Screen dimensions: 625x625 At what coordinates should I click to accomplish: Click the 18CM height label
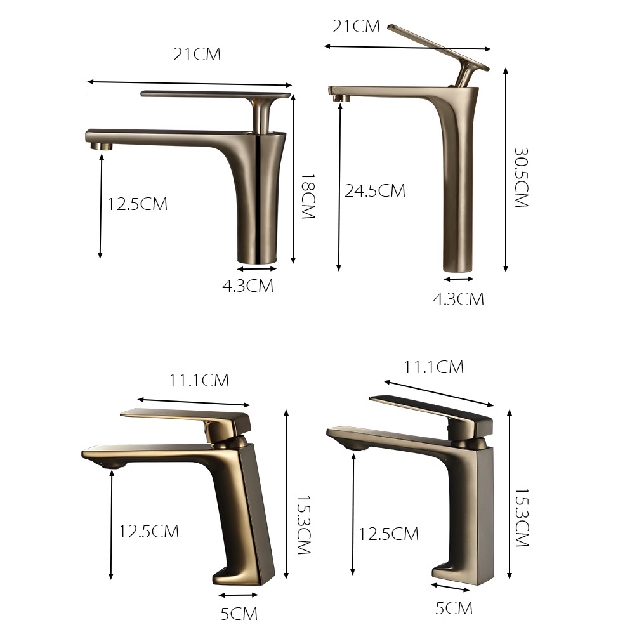click(308, 195)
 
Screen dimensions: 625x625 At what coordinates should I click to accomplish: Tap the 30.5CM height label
click(521, 178)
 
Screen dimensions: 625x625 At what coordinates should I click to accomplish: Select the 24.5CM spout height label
click(374, 190)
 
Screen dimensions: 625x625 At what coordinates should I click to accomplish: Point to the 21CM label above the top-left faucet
click(197, 55)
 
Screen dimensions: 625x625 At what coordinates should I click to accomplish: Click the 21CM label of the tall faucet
click(356, 27)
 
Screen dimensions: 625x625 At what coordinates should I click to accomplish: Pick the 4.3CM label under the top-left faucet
click(248, 286)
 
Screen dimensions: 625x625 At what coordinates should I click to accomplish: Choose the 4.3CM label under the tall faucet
click(458, 299)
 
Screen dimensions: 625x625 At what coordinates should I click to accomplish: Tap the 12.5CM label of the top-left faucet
click(137, 204)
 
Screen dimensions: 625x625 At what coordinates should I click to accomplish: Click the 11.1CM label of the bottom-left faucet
click(199, 381)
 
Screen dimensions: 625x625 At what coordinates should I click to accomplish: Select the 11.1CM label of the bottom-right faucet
click(433, 367)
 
